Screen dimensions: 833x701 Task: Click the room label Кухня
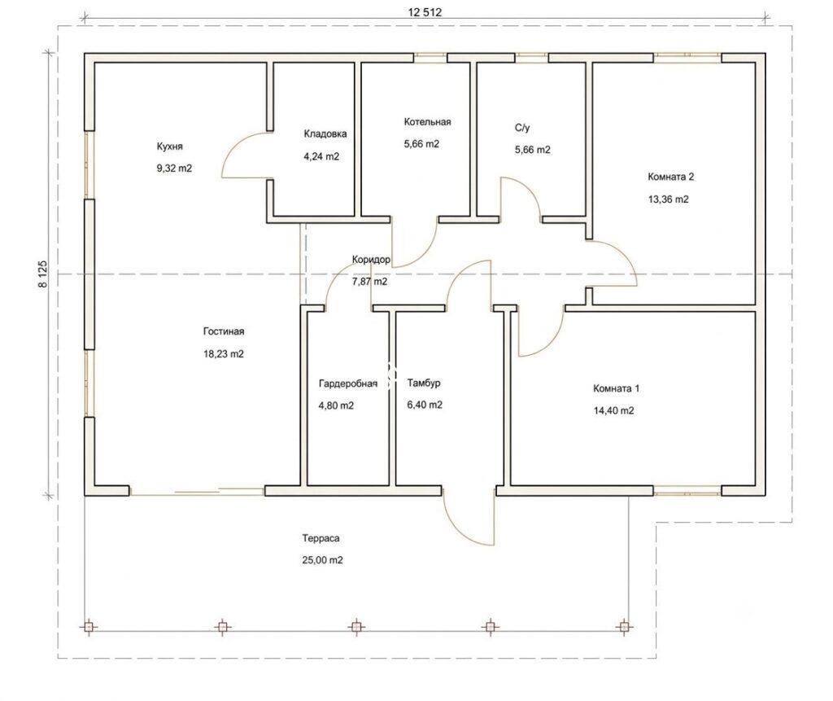169,147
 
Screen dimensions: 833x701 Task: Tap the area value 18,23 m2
224,353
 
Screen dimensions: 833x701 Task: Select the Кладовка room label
325,134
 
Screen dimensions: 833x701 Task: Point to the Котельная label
427,122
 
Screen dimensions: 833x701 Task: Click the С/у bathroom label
522,128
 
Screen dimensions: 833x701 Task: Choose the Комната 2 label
670,177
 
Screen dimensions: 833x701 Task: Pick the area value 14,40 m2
613,410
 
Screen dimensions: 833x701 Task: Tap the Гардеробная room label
348,383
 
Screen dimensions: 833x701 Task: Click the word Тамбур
424,383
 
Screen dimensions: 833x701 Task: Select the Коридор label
371,260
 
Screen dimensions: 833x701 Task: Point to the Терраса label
321,538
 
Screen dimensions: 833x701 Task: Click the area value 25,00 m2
322,560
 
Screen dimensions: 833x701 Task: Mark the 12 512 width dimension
425,12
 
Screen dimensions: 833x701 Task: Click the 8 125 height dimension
42,274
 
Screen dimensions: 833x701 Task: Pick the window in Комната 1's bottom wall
687,493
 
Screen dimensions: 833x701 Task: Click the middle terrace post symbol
356,628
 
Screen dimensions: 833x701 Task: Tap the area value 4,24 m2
321,156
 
